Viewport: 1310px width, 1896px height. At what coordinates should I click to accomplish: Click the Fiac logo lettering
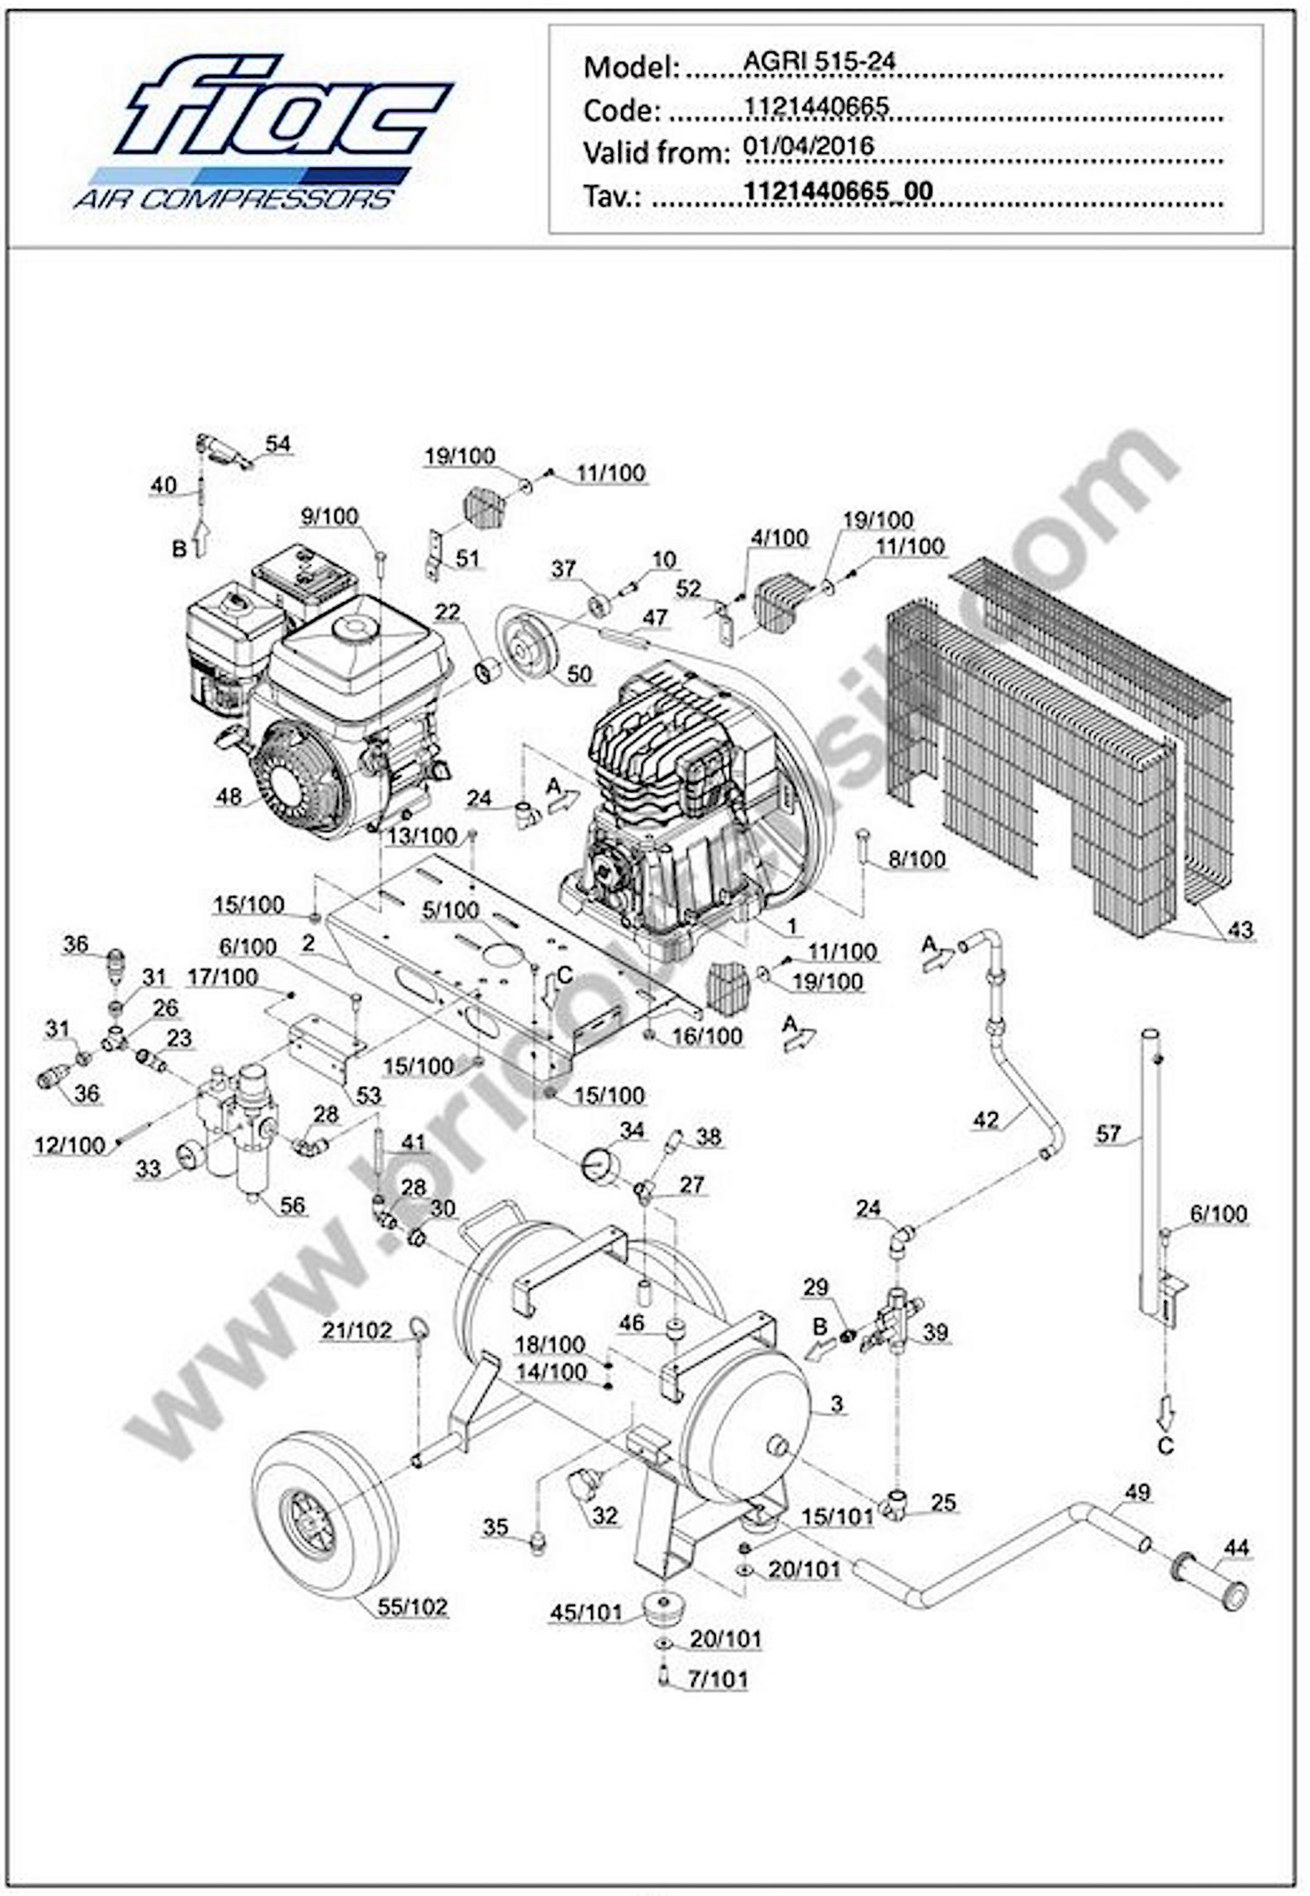tap(283, 107)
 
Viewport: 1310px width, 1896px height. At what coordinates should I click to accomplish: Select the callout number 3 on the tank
tap(836, 1404)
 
